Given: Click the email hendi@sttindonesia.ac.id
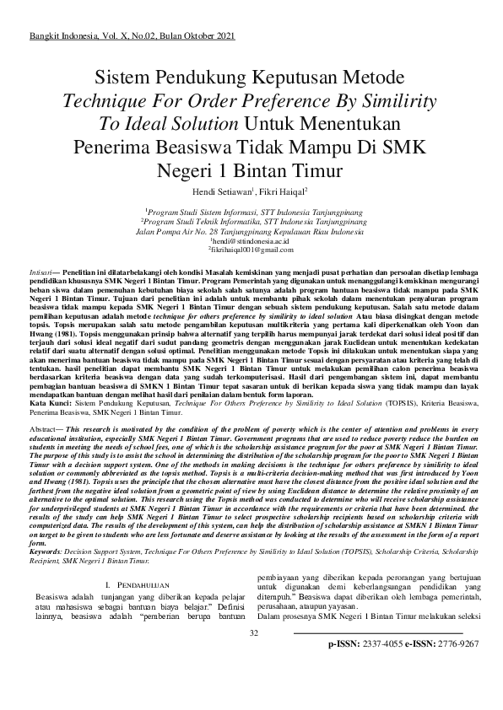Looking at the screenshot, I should click(251, 241).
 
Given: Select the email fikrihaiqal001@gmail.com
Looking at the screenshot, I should click(251, 250).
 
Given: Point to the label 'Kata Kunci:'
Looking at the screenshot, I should click(46, 404).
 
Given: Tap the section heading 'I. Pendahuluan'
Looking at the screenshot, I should click(137, 585).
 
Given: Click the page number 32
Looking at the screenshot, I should click(252, 633).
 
